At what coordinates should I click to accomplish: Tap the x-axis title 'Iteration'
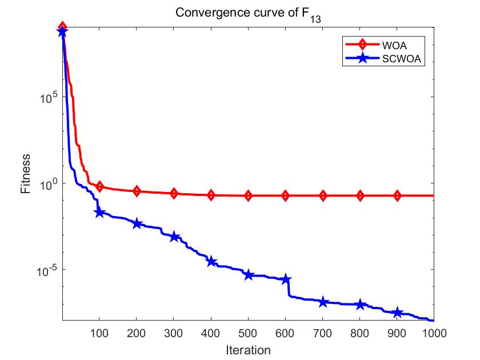[x=247, y=349]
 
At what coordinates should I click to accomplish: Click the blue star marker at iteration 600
[x=286, y=279]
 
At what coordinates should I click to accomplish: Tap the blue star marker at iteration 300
[x=174, y=237]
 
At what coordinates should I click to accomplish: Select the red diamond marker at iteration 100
[x=99, y=187]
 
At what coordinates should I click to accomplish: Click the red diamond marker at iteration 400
[x=211, y=195]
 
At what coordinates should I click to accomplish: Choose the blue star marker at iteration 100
[x=99, y=212]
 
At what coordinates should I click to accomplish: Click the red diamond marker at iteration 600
[x=286, y=196]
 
